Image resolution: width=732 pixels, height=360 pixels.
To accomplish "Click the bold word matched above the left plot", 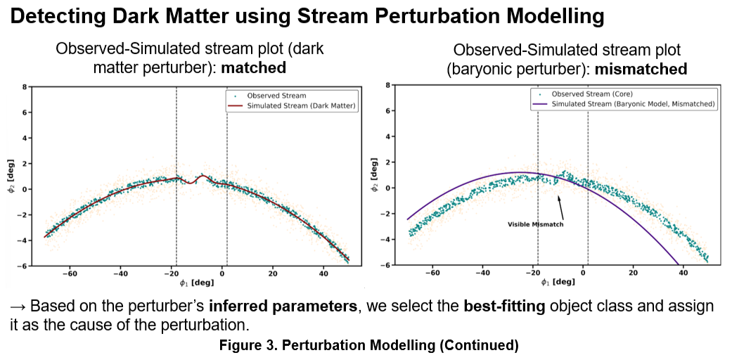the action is point(253,67).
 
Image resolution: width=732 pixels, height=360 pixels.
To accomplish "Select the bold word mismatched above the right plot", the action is point(642,69).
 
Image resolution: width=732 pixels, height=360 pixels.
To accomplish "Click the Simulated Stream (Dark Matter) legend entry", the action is point(292,106).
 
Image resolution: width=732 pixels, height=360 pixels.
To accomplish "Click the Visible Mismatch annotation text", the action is point(535,224).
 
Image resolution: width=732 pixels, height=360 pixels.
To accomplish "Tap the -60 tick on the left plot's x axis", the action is point(70,274).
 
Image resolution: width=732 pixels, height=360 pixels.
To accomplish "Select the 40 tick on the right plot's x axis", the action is point(683,271).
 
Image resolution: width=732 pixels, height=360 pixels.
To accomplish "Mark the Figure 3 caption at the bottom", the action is point(369,346).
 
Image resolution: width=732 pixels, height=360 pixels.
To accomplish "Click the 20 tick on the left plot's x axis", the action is point(273,274).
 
